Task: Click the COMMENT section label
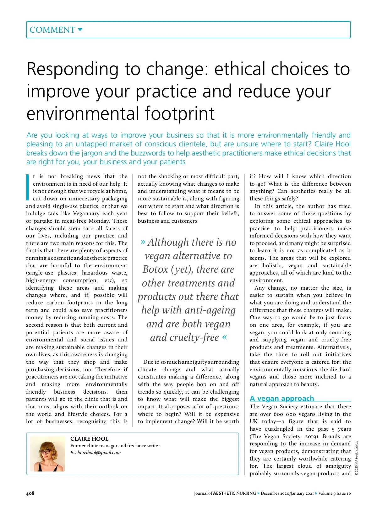click(52, 30)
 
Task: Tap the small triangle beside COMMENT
click(80, 30)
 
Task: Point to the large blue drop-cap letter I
click(28, 187)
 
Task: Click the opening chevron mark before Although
click(143, 242)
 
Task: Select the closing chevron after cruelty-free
click(224, 337)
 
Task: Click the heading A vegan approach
click(282, 398)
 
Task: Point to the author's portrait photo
click(48, 454)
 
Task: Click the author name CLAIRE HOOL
click(89, 439)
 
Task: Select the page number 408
click(30, 493)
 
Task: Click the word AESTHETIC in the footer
click(224, 493)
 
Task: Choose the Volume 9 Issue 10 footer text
click(334, 493)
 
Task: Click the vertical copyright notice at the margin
click(357, 458)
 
